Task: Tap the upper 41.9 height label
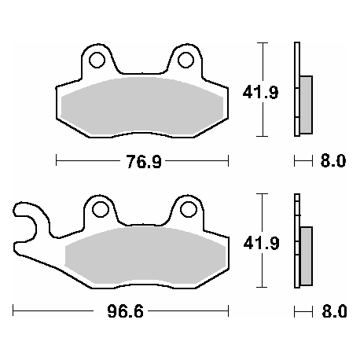pos(249,92)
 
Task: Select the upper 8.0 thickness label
pos(332,163)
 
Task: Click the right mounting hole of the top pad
pos(186,60)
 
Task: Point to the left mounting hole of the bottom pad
pos(99,210)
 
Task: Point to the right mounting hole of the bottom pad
pos(188,210)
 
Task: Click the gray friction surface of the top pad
pos(141,102)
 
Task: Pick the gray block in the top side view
pos(305,102)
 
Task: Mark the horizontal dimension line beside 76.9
pos(86,163)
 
